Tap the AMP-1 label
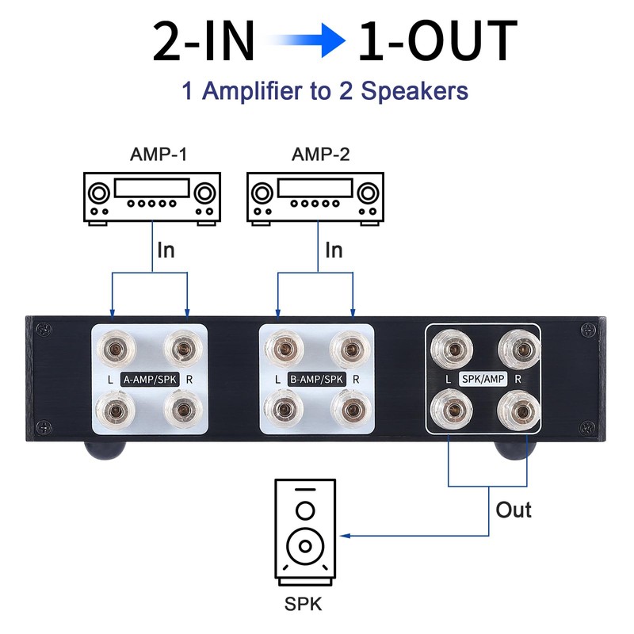(158, 155)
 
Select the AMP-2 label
(321, 155)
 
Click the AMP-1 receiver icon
(152, 199)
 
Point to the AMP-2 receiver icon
(315, 199)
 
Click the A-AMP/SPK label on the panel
(150, 380)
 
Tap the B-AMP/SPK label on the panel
(316, 380)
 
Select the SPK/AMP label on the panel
(483, 379)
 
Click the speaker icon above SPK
(305, 533)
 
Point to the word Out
(514, 510)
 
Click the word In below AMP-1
(166, 250)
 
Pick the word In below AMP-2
(334, 250)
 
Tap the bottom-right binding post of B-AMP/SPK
(350, 410)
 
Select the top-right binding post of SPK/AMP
(520, 349)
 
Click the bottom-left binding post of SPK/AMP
(452, 410)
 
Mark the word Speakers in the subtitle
(414, 91)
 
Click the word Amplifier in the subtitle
(253, 91)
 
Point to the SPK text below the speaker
(304, 604)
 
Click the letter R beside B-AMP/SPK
(356, 380)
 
